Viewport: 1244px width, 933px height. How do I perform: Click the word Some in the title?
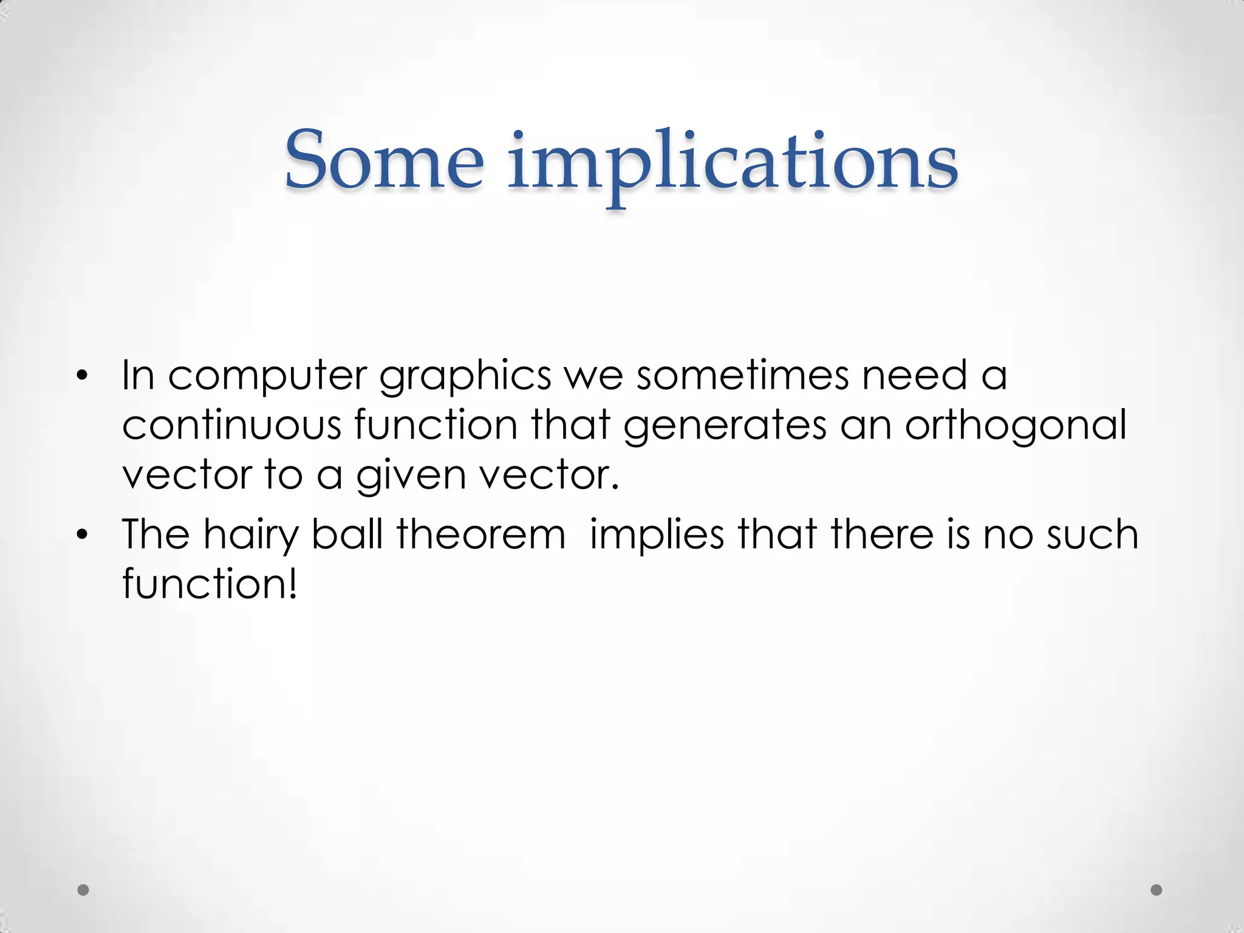(384, 159)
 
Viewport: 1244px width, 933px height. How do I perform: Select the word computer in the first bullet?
(267, 377)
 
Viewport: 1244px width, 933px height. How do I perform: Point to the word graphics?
(465, 377)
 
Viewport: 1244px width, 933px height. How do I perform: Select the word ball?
(347, 534)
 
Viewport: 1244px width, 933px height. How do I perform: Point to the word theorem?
(481, 534)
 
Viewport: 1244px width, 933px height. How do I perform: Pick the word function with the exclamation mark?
(210, 583)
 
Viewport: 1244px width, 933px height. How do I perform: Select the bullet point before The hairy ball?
(83, 535)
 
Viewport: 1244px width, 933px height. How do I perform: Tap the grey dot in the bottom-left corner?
(84, 890)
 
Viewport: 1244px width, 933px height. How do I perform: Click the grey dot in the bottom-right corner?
(1157, 890)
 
